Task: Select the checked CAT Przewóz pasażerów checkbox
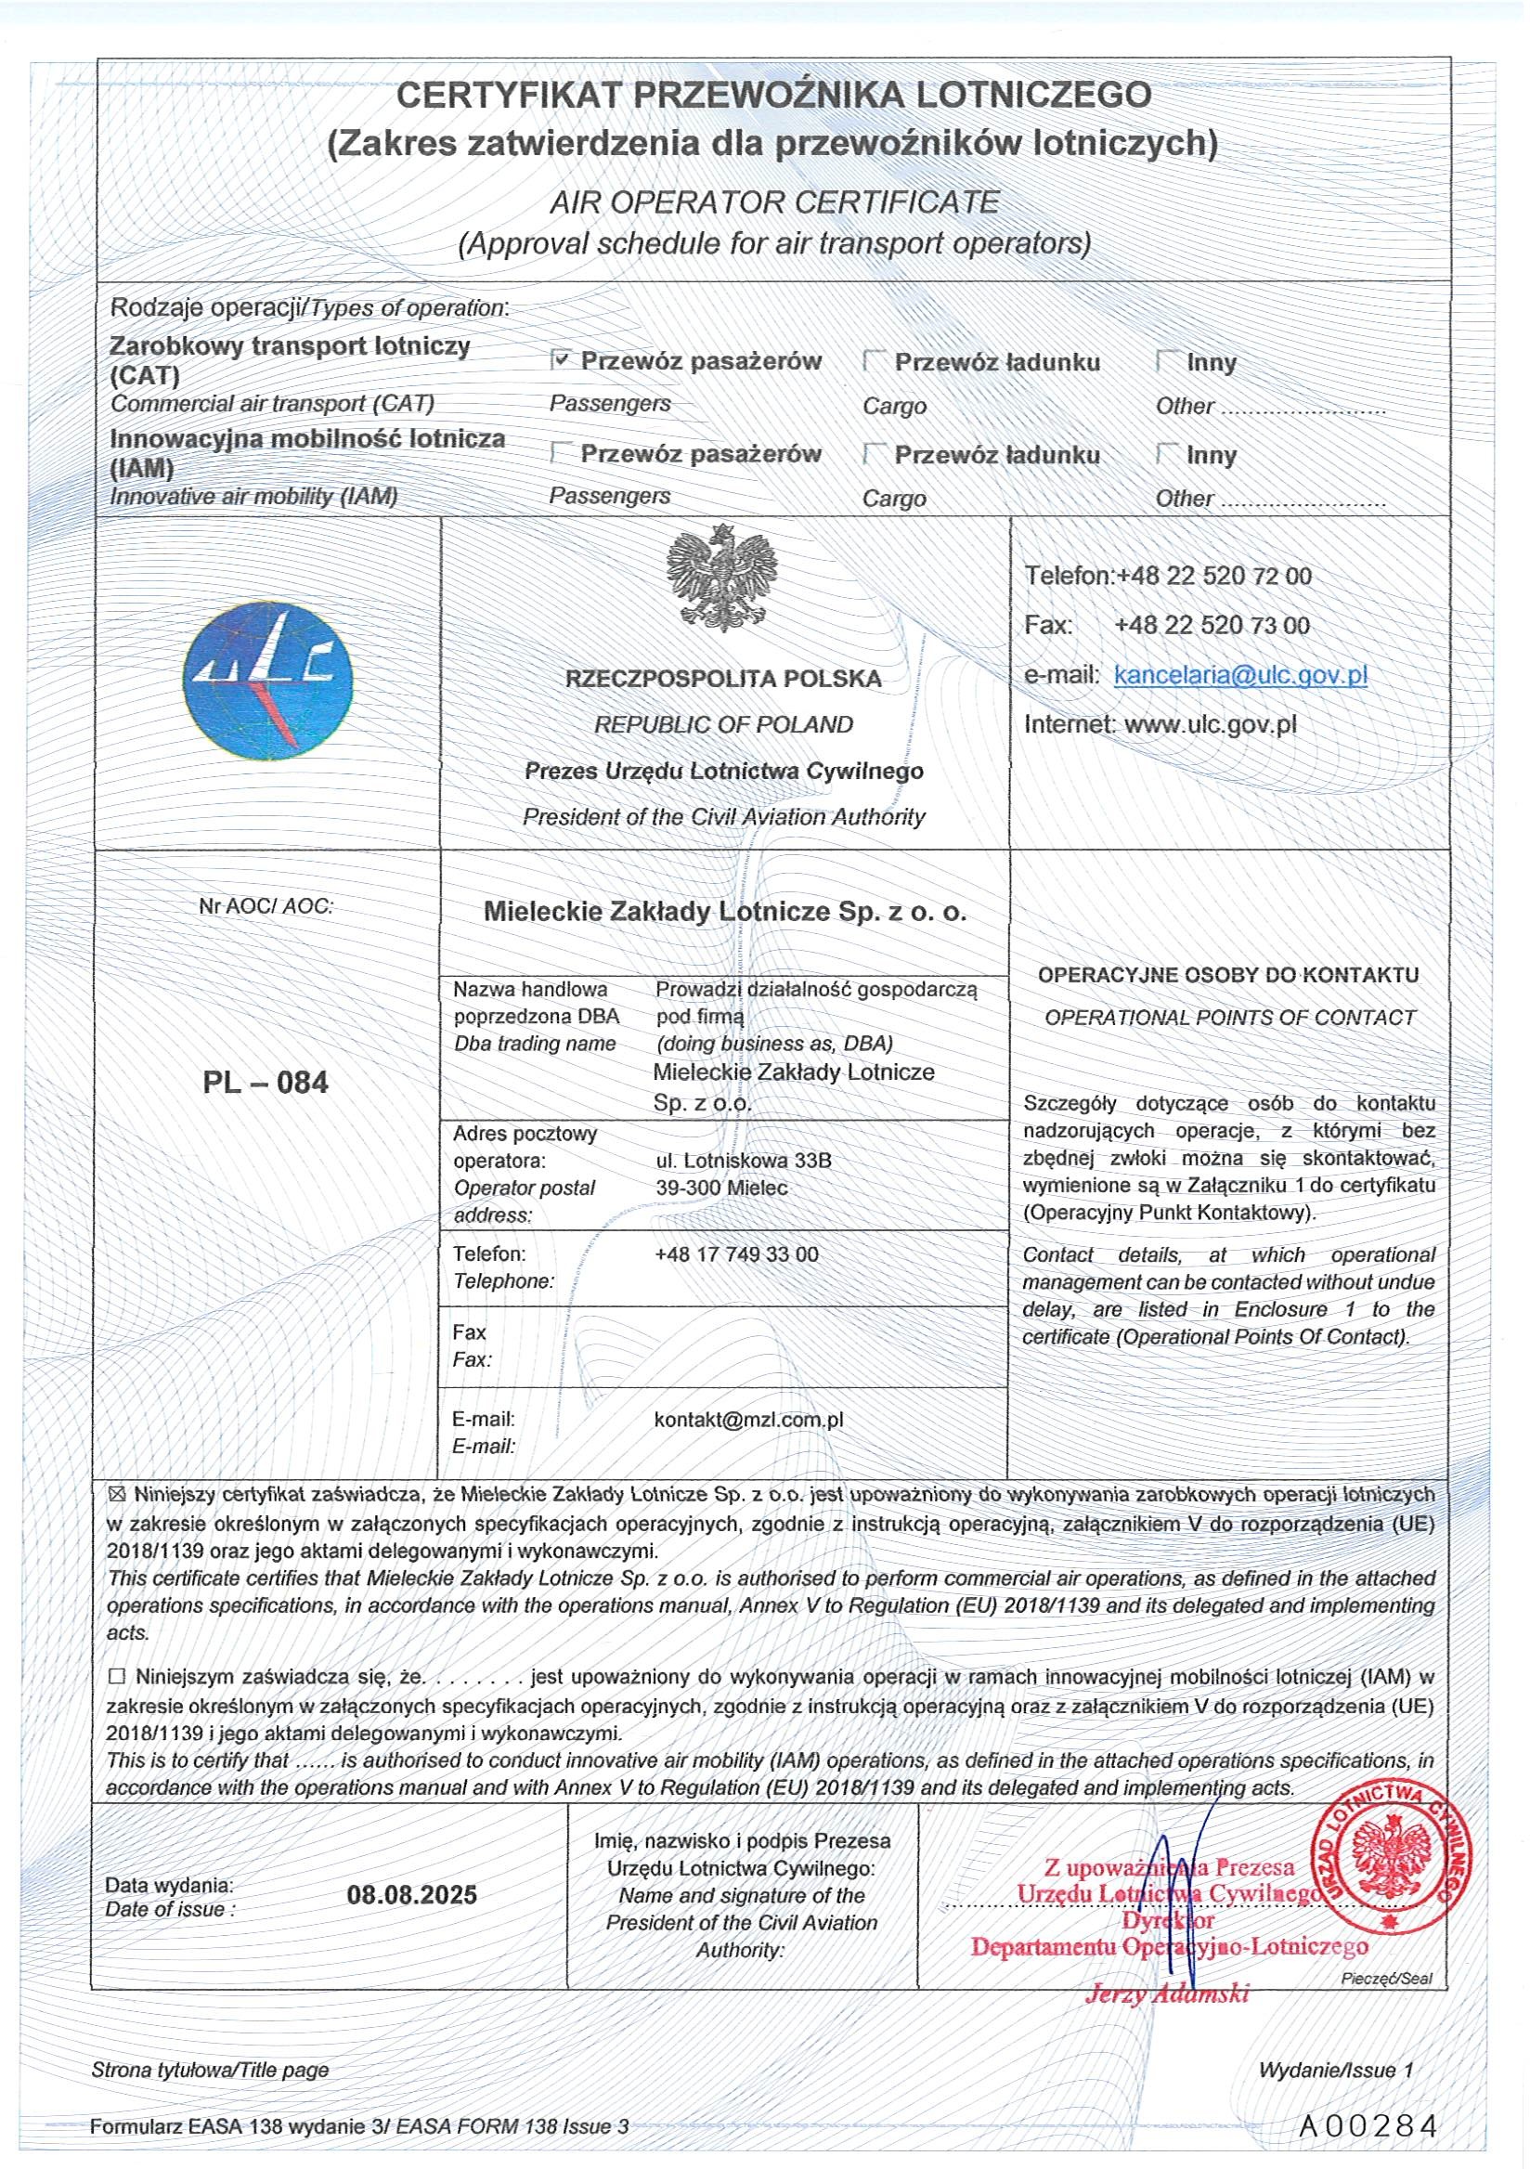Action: [562, 360]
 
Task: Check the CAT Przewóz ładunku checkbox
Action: [875, 361]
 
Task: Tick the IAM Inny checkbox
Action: [1167, 453]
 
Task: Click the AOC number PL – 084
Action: [266, 1083]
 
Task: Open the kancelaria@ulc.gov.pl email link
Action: [1240, 674]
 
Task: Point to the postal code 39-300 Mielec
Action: [721, 1188]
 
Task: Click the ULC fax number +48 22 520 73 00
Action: [1212, 626]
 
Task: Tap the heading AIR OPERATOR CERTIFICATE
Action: [773, 201]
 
